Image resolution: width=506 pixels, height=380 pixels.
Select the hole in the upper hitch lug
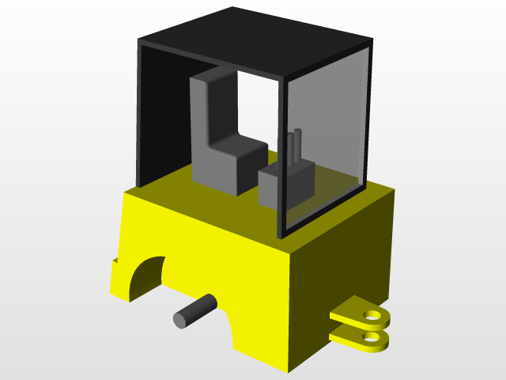(369, 315)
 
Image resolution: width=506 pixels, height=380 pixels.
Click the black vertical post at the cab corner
(280, 158)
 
